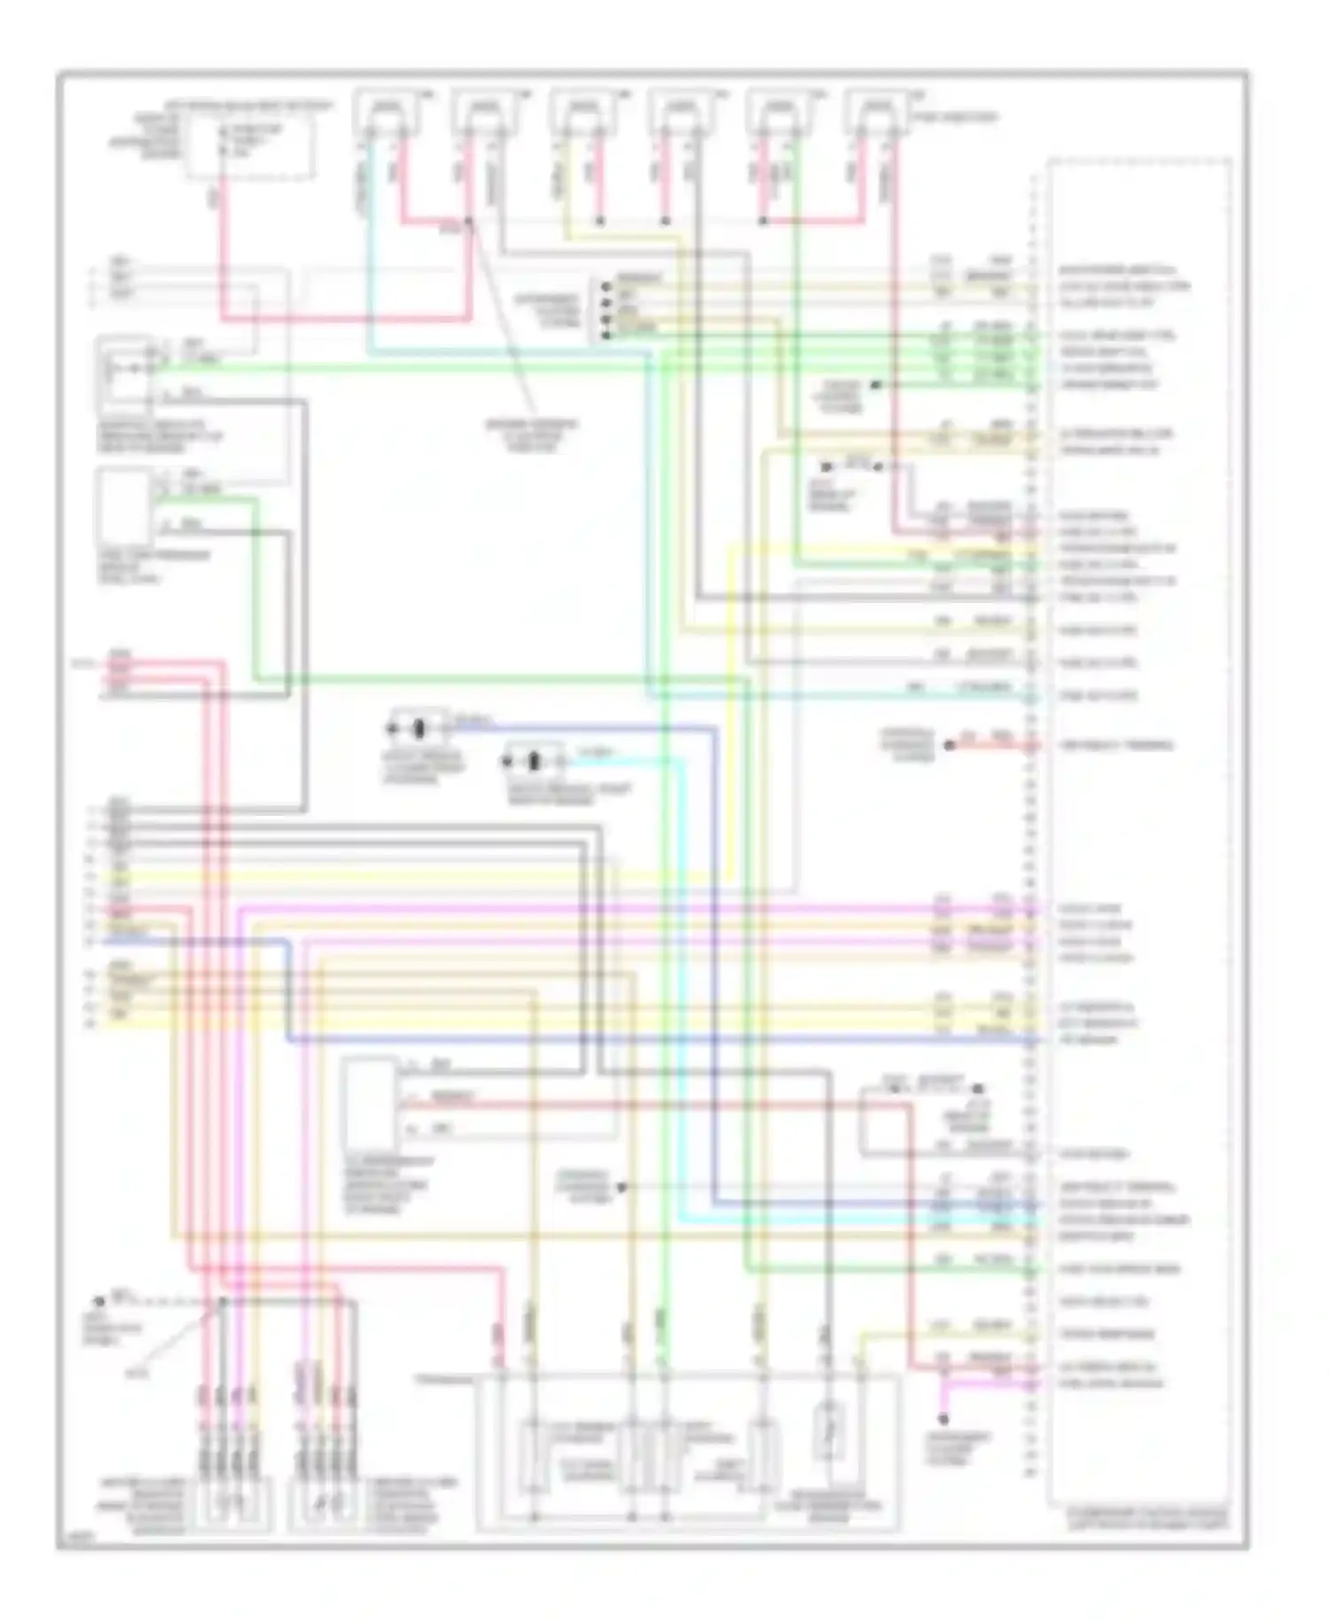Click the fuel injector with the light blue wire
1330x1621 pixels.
click(x=384, y=114)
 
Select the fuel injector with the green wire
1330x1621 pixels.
click(x=778, y=114)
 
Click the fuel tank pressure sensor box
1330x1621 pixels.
click(x=124, y=507)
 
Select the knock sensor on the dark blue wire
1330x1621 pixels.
click(x=419, y=729)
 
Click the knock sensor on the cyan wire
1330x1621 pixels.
click(x=534, y=761)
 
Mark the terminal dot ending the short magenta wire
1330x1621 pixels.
click(x=944, y=1419)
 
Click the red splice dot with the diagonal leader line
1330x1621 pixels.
click(x=468, y=222)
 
